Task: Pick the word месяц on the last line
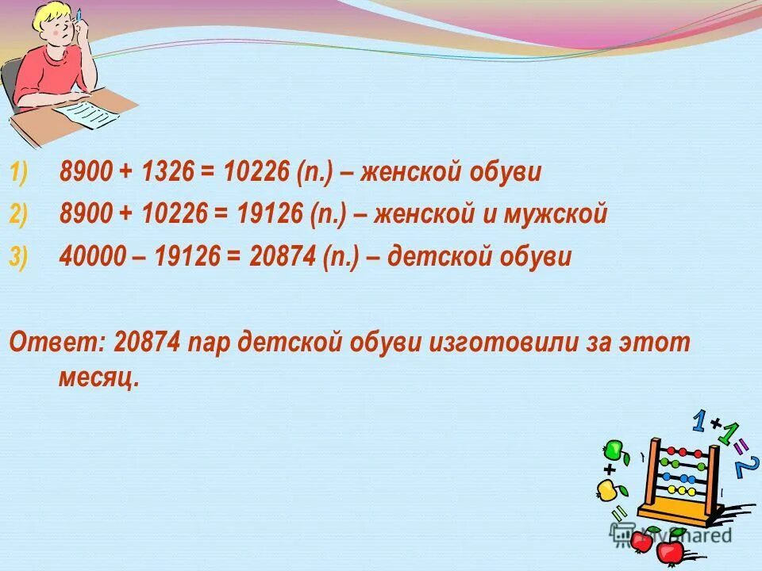[98, 378]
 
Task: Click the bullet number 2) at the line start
[18, 216]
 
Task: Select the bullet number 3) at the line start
[18, 258]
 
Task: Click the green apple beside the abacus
[612, 450]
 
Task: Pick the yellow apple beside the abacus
[607, 491]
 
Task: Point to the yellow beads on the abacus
[679, 491]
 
